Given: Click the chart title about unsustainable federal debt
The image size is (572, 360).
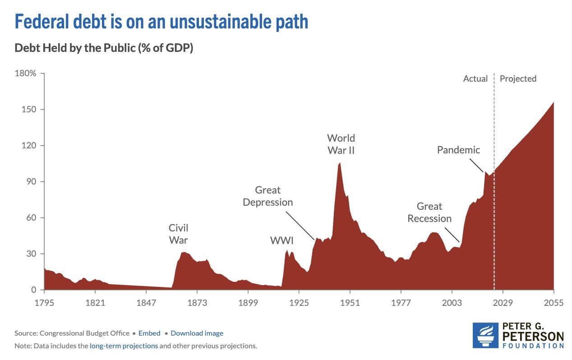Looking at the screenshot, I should coord(161,22).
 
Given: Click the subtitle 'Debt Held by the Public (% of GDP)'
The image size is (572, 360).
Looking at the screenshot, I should coord(104,48).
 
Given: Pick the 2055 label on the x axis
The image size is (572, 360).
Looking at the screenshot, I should coord(554,302).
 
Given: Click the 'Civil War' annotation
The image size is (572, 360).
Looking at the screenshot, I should coord(178,234).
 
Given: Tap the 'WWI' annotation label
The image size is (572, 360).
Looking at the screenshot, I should coord(281,240).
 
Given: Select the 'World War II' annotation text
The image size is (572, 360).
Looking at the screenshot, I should coord(341,144).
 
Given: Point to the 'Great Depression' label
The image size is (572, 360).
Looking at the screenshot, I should coord(268,196).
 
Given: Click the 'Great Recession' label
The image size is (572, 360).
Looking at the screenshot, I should coord(429,212).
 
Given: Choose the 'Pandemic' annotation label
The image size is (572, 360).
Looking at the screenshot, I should coord(458,150).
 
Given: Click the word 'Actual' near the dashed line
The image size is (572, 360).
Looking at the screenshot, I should coord(475,78).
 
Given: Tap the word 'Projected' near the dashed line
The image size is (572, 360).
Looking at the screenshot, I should coord(518,78).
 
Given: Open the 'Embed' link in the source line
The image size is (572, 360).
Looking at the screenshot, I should coord(149,333).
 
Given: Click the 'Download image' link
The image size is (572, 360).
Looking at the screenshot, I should coord(197,333).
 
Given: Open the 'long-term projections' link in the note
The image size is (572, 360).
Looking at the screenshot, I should coord(124,346).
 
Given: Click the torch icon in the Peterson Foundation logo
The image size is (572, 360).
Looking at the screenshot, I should coord(485,335).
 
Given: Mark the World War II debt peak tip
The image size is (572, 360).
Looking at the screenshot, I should coord(340,163).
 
